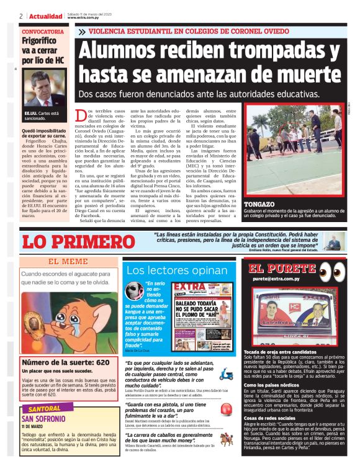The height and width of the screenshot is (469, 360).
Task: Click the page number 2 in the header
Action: pyautogui.click(x=21, y=16)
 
